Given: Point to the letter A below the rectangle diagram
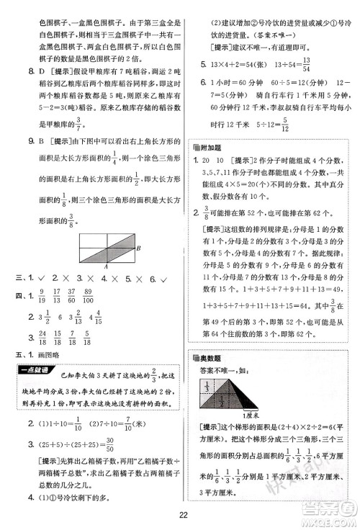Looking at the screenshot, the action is point(106,266).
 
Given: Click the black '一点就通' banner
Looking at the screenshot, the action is point(35,369).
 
